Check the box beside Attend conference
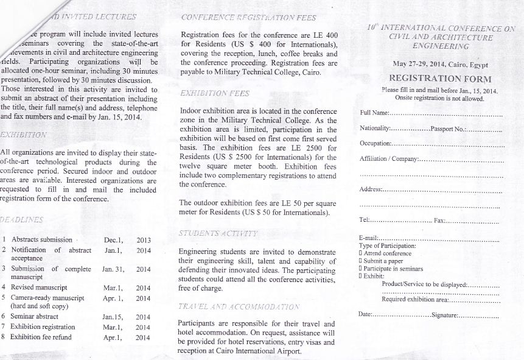(361, 253)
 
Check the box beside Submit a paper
(361, 260)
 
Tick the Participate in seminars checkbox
(361, 267)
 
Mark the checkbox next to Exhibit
(361, 275)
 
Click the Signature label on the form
(444, 314)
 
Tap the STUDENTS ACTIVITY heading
(218, 234)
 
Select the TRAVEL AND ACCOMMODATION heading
(239, 306)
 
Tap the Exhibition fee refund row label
(41, 337)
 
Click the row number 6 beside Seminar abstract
(4, 317)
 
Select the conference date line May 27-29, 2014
(440, 64)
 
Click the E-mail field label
(369, 238)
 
